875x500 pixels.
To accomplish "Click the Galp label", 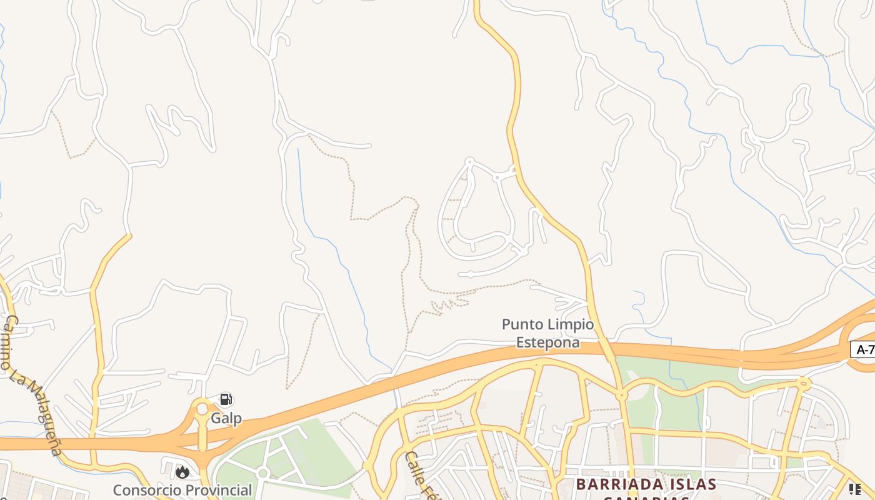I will [x=226, y=418].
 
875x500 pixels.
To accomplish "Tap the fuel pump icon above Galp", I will [x=226, y=399].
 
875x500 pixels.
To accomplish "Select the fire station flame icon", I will [x=182, y=472].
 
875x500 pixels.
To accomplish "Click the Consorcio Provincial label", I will [x=182, y=490].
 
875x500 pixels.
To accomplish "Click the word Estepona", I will [x=548, y=342].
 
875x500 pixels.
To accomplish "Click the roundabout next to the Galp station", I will [x=202, y=409].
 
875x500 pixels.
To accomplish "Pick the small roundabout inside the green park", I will [x=263, y=474].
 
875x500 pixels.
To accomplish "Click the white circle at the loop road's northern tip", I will [x=470, y=161].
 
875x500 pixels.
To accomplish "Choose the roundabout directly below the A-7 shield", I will [x=804, y=382].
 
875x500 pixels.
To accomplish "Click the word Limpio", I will [x=569, y=324].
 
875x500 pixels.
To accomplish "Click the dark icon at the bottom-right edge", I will [x=854, y=488].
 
